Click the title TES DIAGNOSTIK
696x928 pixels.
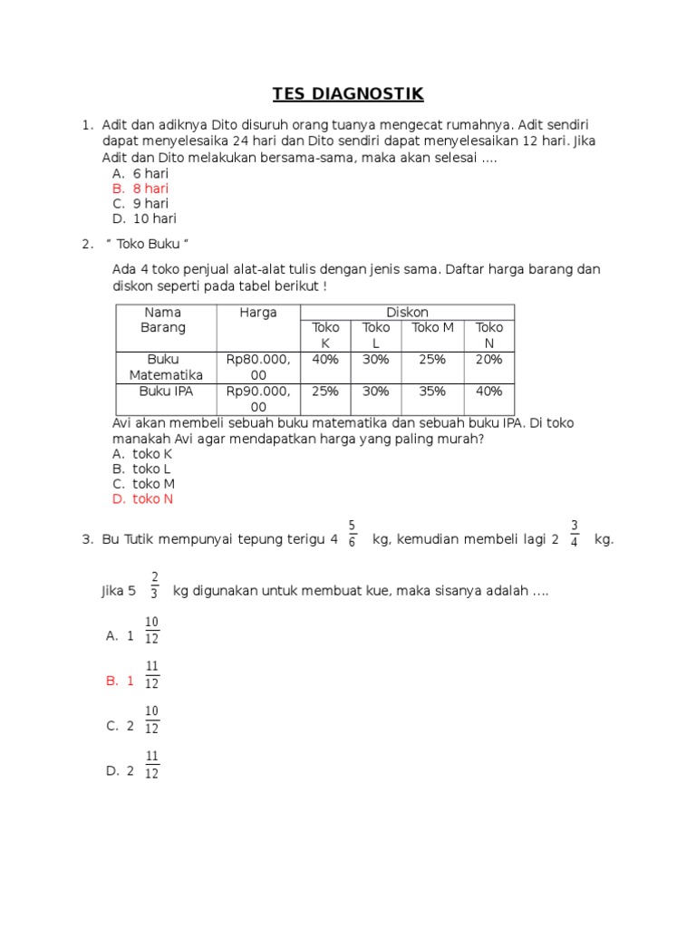(x=349, y=94)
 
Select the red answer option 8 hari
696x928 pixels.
(x=140, y=188)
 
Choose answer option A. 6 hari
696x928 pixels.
(x=140, y=173)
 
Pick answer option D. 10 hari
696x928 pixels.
(x=144, y=218)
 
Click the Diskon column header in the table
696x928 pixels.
(x=407, y=313)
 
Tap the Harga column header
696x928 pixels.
(x=258, y=313)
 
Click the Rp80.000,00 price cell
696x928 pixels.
(x=258, y=367)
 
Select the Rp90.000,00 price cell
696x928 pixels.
(x=258, y=399)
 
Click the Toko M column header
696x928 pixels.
(x=432, y=328)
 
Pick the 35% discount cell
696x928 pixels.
(x=432, y=391)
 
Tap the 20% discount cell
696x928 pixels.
(x=488, y=360)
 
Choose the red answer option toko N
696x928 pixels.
(x=142, y=499)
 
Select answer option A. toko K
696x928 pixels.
(x=142, y=453)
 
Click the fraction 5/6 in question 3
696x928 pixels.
(x=352, y=533)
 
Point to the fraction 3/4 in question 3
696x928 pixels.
(x=575, y=533)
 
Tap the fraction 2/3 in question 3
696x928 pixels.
(x=155, y=585)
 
